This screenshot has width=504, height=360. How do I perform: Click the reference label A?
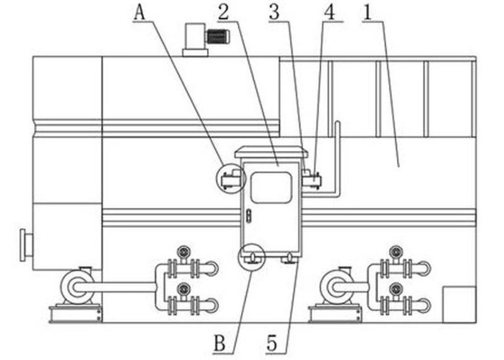[139, 13]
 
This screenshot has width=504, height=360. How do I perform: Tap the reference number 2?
[224, 13]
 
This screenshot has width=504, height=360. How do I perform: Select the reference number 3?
[275, 13]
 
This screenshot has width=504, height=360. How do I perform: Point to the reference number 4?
[330, 13]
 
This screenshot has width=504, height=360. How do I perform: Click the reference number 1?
[368, 13]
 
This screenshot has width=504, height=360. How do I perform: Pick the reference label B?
[220, 343]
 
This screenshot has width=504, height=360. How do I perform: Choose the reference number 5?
[272, 343]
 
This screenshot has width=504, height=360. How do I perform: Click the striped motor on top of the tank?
[218, 37]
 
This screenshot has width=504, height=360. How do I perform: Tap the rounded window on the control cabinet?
[271, 188]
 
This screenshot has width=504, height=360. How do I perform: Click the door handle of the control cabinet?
[249, 216]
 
